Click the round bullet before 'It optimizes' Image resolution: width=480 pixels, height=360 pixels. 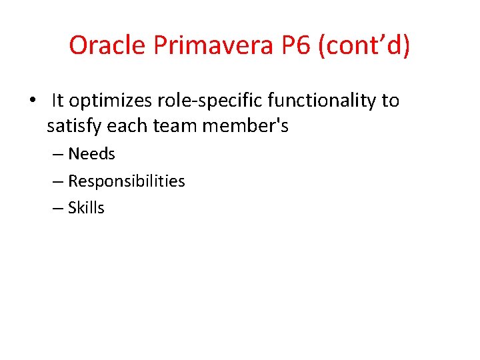(x=31, y=101)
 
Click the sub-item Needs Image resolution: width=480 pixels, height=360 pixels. (x=91, y=154)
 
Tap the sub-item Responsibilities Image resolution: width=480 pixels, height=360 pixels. (x=126, y=181)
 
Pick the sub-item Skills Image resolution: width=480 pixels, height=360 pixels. (x=86, y=208)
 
